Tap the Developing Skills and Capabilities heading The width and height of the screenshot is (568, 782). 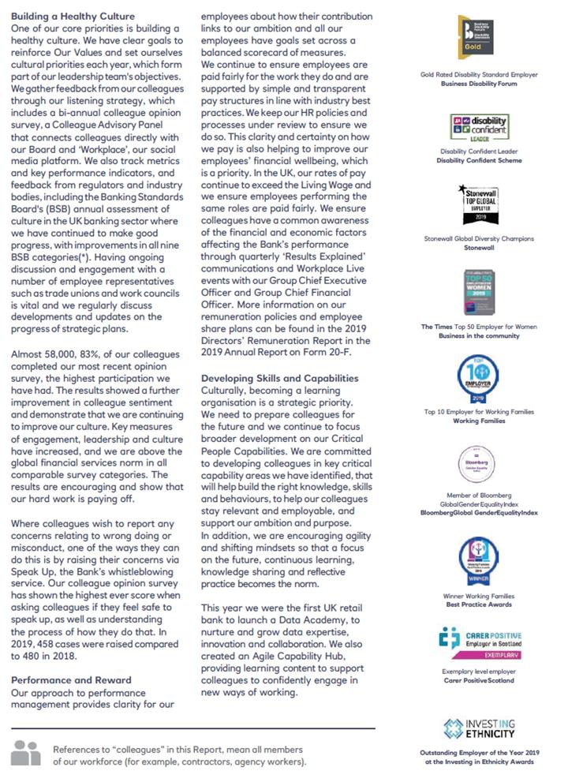[x=280, y=378]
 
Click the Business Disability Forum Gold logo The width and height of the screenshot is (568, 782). [x=479, y=37]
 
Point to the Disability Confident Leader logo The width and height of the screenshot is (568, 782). [x=479, y=125]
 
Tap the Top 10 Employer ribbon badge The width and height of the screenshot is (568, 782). [x=479, y=378]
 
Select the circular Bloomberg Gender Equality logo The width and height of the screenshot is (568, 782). [x=479, y=462]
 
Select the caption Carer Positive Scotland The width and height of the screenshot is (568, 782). [x=479, y=680]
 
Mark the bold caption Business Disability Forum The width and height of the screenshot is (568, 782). [x=479, y=83]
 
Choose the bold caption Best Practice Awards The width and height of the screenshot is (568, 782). [x=479, y=604]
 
